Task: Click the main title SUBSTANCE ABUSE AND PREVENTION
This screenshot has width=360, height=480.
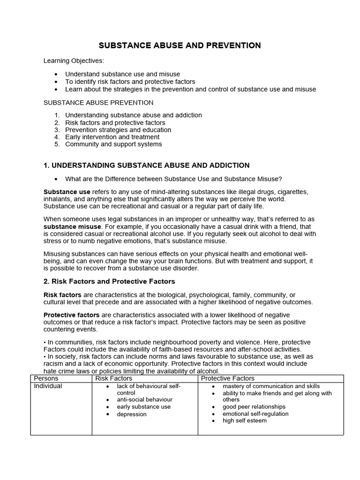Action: click(180, 45)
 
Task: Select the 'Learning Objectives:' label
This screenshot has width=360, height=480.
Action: click(74, 60)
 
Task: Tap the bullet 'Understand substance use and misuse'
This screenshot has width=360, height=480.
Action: click(122, 74)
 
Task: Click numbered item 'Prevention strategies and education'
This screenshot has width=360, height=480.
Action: click(118, 130)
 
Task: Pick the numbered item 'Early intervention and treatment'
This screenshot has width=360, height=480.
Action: click(112, 137)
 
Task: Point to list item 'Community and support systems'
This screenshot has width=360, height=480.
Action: click(113, 144)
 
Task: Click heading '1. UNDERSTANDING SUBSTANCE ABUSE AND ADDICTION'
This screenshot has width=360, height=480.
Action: click(146, 165)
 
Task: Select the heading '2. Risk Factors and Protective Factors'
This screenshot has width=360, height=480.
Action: click(109, 281)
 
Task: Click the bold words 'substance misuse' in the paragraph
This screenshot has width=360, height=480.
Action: click(72, 226)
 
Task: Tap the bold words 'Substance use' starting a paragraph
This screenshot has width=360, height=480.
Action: click(67, 192)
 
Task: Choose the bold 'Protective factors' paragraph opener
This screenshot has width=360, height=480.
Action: click(71, 315)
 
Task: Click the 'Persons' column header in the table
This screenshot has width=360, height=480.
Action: click(46, 378)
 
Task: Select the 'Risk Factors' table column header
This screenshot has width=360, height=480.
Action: click(114, 378)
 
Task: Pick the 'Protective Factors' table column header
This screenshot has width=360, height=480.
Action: click(228, 378)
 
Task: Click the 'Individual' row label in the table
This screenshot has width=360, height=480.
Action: click(48, 386)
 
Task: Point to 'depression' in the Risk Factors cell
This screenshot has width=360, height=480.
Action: click(132, 414)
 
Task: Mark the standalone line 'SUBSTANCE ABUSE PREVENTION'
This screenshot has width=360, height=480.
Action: click(98, 102)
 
